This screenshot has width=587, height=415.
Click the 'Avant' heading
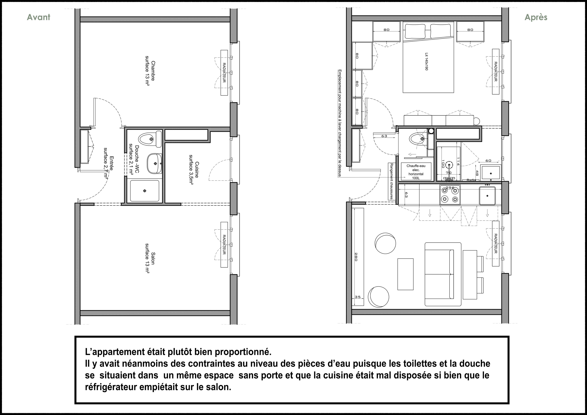pos(39,17)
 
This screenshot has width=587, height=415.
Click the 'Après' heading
pos(536,17)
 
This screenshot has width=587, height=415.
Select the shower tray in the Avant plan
pos(145,191)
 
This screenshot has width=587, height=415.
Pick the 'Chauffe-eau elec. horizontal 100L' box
pos(416,172)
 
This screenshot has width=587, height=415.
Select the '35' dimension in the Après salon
pos(358,297)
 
